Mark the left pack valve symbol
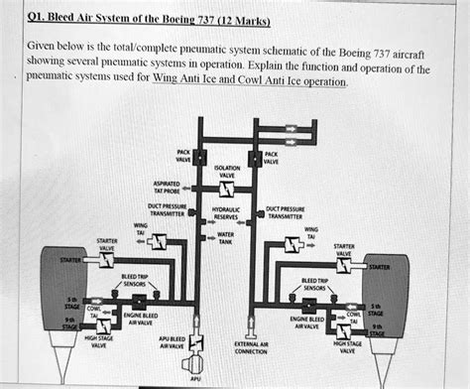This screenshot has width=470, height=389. point(198,157)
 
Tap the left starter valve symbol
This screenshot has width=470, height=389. point(103,260)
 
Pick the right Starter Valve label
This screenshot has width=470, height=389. point(344,250)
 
